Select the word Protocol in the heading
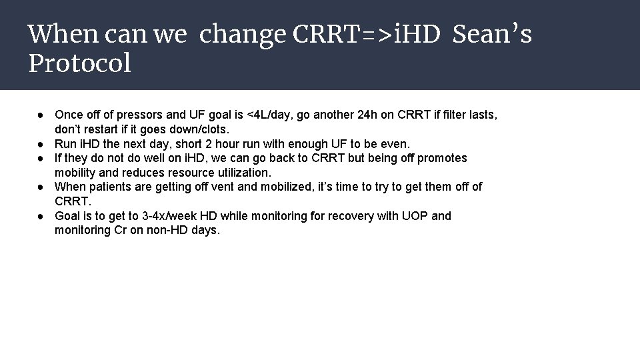(x=80, y=63)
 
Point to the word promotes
(x=441, y=158)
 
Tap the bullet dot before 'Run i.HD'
(x=41, y=144)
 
